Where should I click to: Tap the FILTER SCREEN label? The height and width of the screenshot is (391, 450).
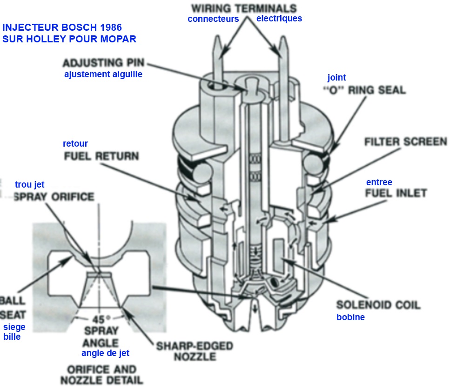(x=406, y=141)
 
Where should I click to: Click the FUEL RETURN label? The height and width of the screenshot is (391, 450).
(x=101, y=155)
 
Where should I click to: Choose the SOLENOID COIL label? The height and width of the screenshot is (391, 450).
(x=378, y=305)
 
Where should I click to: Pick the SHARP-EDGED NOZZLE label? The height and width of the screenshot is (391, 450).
(x=194, y=351)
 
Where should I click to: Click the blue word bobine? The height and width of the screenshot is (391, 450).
(x=350, y=317)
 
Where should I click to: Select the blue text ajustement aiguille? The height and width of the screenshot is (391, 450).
(x=103, y=74)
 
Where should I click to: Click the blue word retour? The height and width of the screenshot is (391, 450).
(x=75, y=143)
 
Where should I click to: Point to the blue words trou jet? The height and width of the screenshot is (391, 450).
(x=30, y=185)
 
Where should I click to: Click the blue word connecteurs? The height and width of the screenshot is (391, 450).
(x=213, y=19)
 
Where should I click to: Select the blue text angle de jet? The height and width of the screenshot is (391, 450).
(x=106, y=353)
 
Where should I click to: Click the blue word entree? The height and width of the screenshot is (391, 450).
(x=379, y=182)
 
